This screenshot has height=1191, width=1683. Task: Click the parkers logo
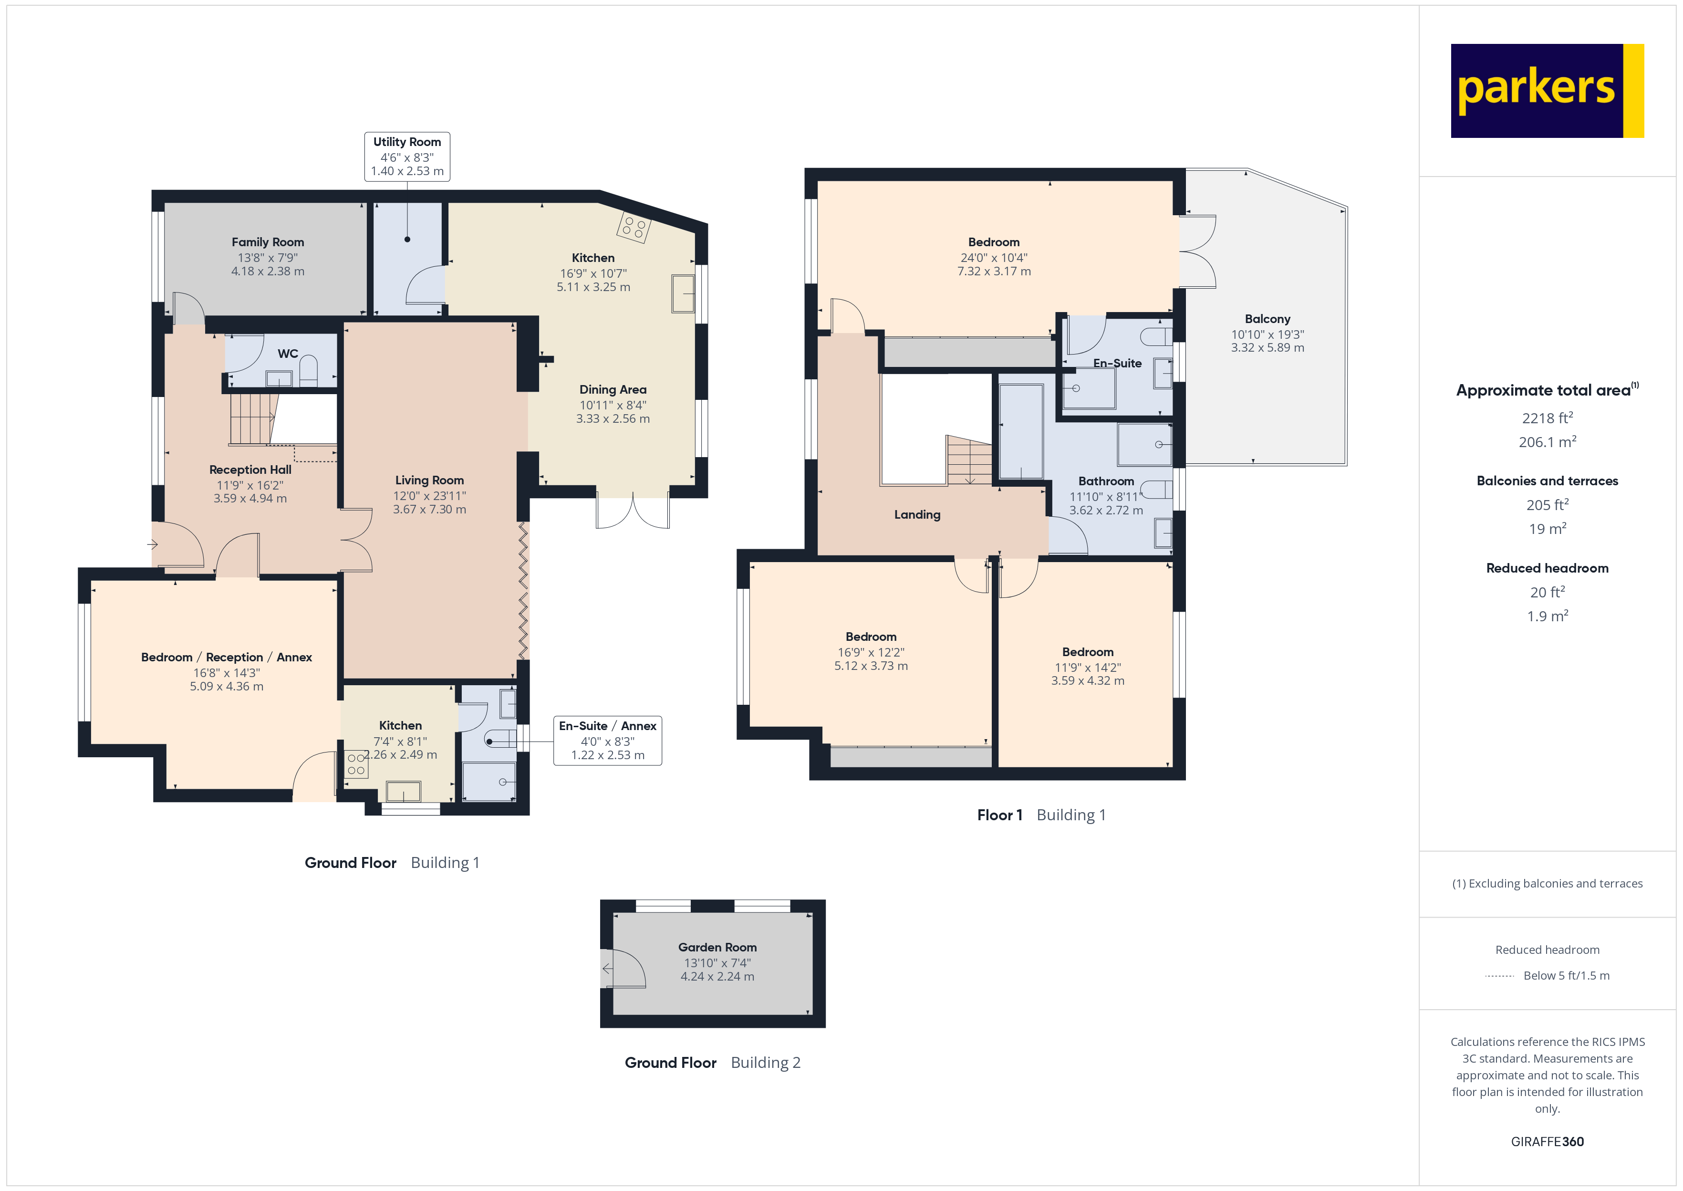click(x=1547, y=91)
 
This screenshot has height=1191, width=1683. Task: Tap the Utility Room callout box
click(x=407, y=156)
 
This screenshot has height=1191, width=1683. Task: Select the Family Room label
click(x=268, y=242)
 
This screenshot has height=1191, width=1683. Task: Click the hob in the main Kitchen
click(x=634, y=227)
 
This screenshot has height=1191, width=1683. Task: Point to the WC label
click(x=287, y=354)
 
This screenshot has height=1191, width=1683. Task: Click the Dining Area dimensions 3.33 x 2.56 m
click(x=613, y=419)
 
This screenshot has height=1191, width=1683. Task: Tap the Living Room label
click(x=429, y=481)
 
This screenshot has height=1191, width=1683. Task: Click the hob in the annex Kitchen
click(x=356, y=764)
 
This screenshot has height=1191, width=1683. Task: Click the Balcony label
click(x=1267, y=319)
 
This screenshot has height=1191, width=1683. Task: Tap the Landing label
click(x=917, y=515)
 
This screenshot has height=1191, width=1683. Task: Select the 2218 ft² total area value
click(x=1547, y=418)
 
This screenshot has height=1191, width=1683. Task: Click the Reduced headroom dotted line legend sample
click(x=1499, y=976)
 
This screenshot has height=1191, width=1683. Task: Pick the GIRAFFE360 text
click(x=1547, y=1142)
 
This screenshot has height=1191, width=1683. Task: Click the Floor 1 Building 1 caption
click(x=1041, y=815)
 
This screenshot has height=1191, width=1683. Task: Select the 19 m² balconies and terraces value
click(x=1547, y=529)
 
